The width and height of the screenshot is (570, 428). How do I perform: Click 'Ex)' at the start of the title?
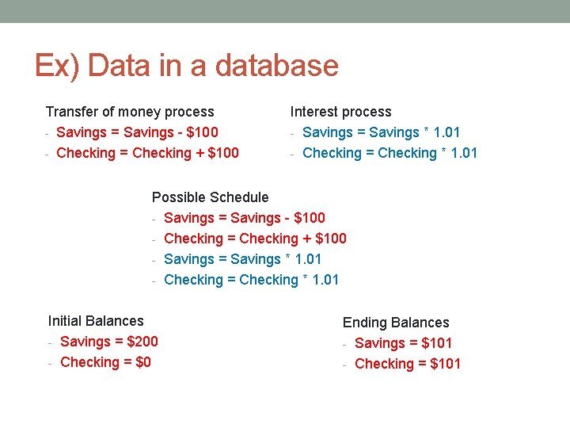pyautogui.click(x=54, y=65)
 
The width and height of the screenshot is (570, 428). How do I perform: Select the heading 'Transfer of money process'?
pyautogui.click(x=130, y=112)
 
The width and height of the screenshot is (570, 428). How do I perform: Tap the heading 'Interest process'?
pyautogui.click(x=340, y=112)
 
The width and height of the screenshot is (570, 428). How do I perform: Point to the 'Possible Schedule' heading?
pyautogui.click(x=210, y=197)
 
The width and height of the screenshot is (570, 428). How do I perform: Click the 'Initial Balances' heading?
pyautogui.click(x=96, y=321)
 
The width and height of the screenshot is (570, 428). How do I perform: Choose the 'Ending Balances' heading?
pyautogui.click(x=395, y=323)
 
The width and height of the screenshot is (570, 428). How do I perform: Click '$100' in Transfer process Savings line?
pyautogui.click(x=202, y=132)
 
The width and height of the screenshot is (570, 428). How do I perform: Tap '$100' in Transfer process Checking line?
pyautogui.click(x=222, y=153)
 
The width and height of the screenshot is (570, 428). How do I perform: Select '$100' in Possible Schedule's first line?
pyautogui.click(x=309, y=218)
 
